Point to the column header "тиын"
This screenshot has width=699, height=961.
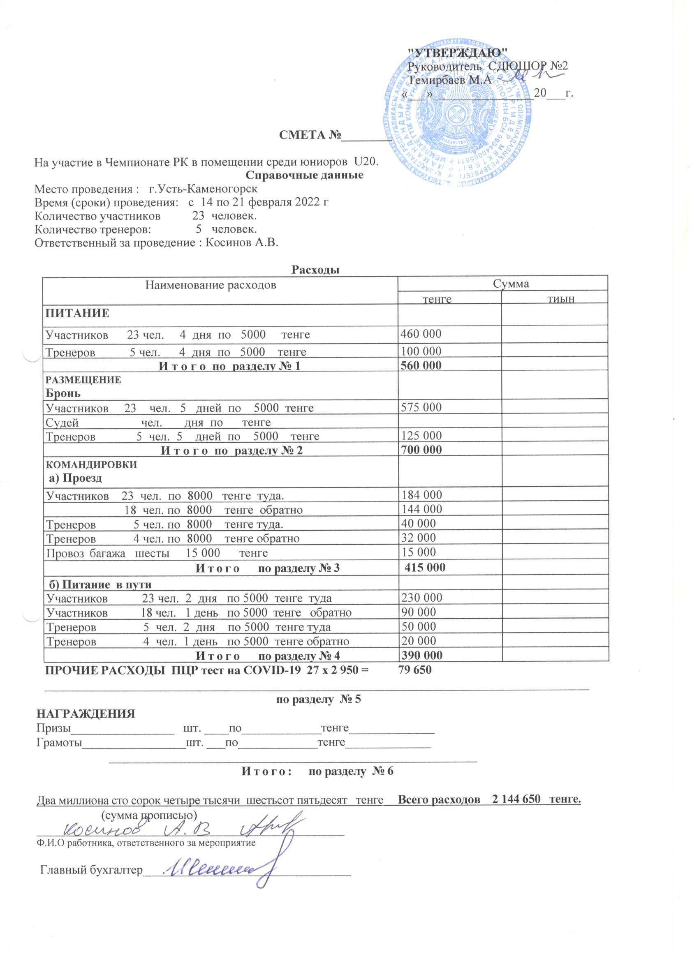click(561, 300)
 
